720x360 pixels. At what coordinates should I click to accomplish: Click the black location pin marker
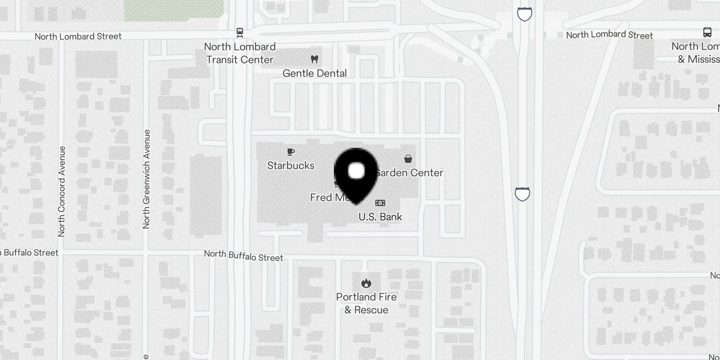pos(356,173)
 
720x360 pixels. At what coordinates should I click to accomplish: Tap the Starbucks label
pos(291,166)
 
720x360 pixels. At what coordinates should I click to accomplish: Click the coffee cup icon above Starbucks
pos(291,152)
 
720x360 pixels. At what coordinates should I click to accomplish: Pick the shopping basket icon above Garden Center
pos(408,159)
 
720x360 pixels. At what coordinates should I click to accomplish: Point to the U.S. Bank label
pos(380,217)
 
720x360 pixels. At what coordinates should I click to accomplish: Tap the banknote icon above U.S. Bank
pos(380,203)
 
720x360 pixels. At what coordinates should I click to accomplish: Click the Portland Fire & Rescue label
pos(366,303)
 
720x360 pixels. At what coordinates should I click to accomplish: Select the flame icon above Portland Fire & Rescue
pos(366,283)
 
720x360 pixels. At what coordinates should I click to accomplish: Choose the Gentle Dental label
pos(315,73)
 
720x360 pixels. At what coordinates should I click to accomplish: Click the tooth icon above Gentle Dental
pos(315,59)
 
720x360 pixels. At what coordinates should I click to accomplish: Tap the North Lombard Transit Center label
pos(240,53)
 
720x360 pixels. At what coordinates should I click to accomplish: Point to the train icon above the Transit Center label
pos(240,32)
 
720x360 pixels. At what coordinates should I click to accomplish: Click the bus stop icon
pos(707,32)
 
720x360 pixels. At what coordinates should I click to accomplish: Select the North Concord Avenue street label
pos(62,191)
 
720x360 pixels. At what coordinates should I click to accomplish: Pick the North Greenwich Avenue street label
pos(146,179)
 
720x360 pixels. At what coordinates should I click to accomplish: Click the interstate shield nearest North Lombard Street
pos(525,14)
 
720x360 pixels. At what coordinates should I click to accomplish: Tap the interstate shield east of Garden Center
pos(522,194)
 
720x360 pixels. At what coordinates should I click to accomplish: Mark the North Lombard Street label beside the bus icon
pos(609,35)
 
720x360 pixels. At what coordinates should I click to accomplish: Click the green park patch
pos(174,10)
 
